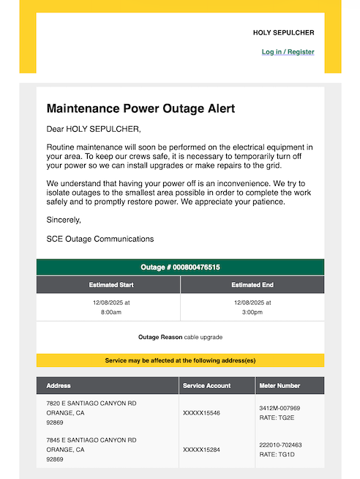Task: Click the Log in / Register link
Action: pos(288,52)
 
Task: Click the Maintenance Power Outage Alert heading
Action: pos(140,108)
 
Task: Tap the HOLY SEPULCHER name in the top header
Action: pos(283,33)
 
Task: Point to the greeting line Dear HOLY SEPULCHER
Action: pos(93,130)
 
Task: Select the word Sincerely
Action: pos(64,220)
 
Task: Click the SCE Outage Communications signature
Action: pos(100,239)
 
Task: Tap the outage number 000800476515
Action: pos(196,267)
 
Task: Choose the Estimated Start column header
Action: pos(108,284)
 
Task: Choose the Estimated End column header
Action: pos(252,284)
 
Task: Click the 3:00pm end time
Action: pos(252,312)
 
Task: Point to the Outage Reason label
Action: pos(160,337)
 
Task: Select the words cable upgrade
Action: pos(203,337)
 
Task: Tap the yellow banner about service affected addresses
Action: pos(180,360)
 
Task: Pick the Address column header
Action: pos(59,385)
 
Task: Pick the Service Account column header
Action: pos(207,385)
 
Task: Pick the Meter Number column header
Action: pos(280,385)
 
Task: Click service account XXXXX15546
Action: pos(201,413)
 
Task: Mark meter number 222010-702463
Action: pos(280,445)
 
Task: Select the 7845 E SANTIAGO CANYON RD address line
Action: pos(91,440)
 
